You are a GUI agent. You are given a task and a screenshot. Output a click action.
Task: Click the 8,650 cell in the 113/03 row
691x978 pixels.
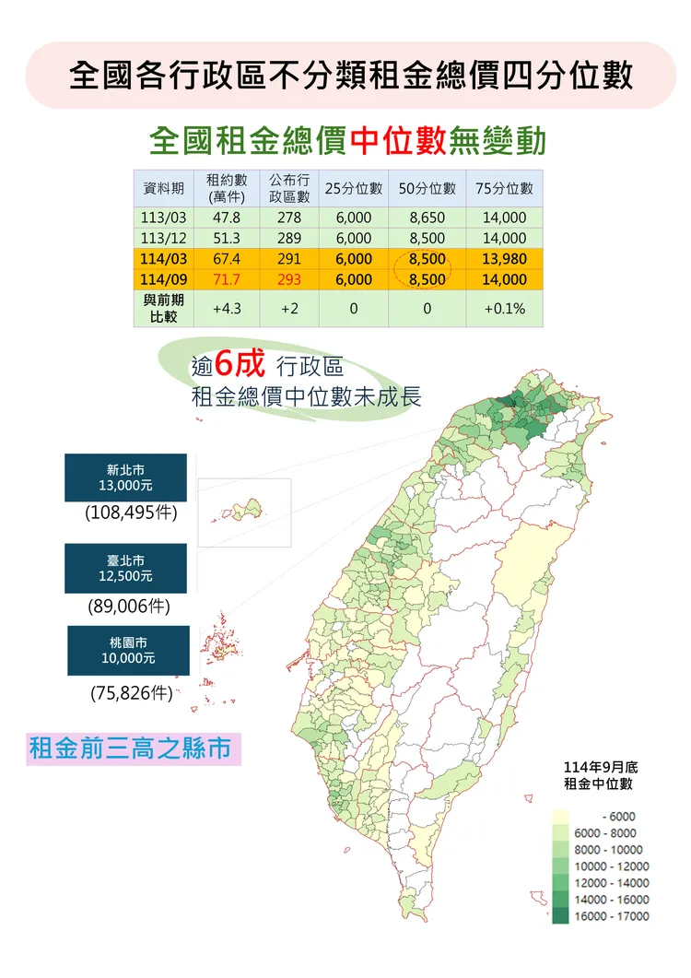427,218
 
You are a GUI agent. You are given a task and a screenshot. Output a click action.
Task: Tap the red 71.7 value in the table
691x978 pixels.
226,279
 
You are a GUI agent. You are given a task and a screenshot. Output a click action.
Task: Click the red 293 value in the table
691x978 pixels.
288,279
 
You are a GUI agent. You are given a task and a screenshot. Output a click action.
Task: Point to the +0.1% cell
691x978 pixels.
504,309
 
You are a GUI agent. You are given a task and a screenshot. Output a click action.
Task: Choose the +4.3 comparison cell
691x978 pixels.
226,309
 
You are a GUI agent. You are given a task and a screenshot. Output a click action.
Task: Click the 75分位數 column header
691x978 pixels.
504,188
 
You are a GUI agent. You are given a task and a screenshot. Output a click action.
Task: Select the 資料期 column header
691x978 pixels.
164,188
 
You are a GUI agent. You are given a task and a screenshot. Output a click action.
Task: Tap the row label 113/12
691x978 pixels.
164,238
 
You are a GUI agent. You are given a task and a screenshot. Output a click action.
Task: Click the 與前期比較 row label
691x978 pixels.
164,309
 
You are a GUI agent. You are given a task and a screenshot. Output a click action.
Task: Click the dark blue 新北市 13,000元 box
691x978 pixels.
126,477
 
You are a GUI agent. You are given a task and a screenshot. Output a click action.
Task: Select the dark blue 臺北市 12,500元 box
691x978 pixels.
126,568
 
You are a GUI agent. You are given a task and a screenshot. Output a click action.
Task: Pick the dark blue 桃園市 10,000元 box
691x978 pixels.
128,651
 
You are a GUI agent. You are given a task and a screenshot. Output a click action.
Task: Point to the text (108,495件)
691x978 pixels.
130,513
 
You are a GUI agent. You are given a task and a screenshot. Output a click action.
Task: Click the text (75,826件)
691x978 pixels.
132,693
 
